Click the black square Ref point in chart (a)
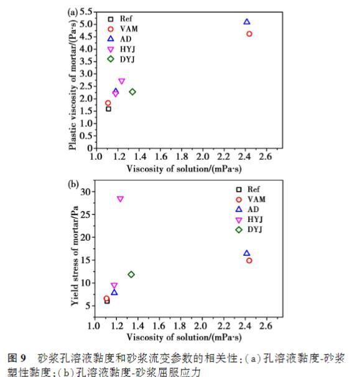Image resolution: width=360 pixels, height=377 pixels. [109, 109]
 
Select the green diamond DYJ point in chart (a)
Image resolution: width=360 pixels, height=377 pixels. [132, 91]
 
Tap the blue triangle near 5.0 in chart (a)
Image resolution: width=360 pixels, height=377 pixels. [247, 22]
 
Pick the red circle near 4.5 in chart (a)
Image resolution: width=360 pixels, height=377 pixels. [249, 34]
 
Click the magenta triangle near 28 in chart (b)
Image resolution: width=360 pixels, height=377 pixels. [120, 199]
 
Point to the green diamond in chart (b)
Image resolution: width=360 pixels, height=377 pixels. [131, 274]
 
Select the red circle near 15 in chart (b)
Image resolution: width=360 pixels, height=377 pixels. [249, 261]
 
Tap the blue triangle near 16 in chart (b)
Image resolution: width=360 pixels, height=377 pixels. [247, 253]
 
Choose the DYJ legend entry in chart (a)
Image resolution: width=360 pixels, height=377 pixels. [121, 59]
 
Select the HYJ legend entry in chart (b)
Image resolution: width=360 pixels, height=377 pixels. [249, 220]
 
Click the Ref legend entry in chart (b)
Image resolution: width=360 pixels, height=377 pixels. [247, 190]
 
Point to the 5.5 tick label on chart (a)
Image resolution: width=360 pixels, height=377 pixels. [86, 12]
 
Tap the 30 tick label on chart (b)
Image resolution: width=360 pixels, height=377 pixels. [86, 192]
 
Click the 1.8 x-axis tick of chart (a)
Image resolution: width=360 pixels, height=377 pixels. [182, 157]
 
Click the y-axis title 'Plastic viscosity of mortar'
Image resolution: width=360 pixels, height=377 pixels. [73, 85]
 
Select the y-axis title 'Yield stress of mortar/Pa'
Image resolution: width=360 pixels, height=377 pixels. [75, 256]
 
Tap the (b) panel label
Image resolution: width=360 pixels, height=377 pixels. [73, 184]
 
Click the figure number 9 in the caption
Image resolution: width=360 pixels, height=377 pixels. [23, 358]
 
